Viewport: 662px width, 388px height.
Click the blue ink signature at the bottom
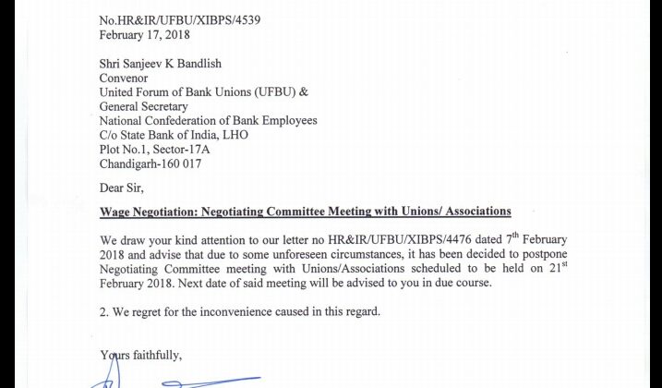[x=175, y=379]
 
